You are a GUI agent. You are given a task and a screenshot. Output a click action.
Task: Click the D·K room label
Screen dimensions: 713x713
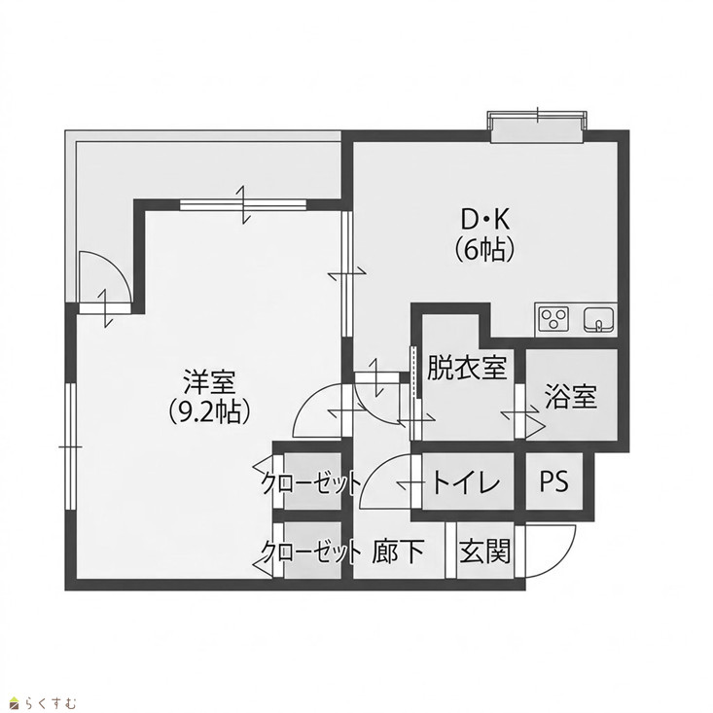(485, 221)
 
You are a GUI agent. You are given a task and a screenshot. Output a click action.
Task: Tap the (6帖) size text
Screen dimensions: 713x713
(484, 250)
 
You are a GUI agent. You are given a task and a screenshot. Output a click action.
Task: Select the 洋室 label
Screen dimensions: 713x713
(209, 382)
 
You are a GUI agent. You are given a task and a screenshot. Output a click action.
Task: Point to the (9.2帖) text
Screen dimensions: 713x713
(209, 412)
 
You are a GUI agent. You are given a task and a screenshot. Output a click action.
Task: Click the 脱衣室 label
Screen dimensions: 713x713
(467, 368)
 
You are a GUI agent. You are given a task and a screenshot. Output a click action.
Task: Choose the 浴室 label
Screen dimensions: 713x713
(571, 396)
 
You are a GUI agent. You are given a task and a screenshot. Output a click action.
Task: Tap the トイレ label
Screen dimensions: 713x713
(466, 482)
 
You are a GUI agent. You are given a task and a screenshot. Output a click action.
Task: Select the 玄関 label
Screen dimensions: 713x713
(484, 552)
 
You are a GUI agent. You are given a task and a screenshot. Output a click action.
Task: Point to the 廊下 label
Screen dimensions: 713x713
(398, 552)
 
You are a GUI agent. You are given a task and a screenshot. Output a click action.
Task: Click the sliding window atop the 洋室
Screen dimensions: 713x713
(243, 204)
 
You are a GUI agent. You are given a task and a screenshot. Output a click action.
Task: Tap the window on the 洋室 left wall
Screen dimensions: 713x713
(70, 446)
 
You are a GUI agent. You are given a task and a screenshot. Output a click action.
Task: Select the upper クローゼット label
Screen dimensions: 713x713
(311, 482)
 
